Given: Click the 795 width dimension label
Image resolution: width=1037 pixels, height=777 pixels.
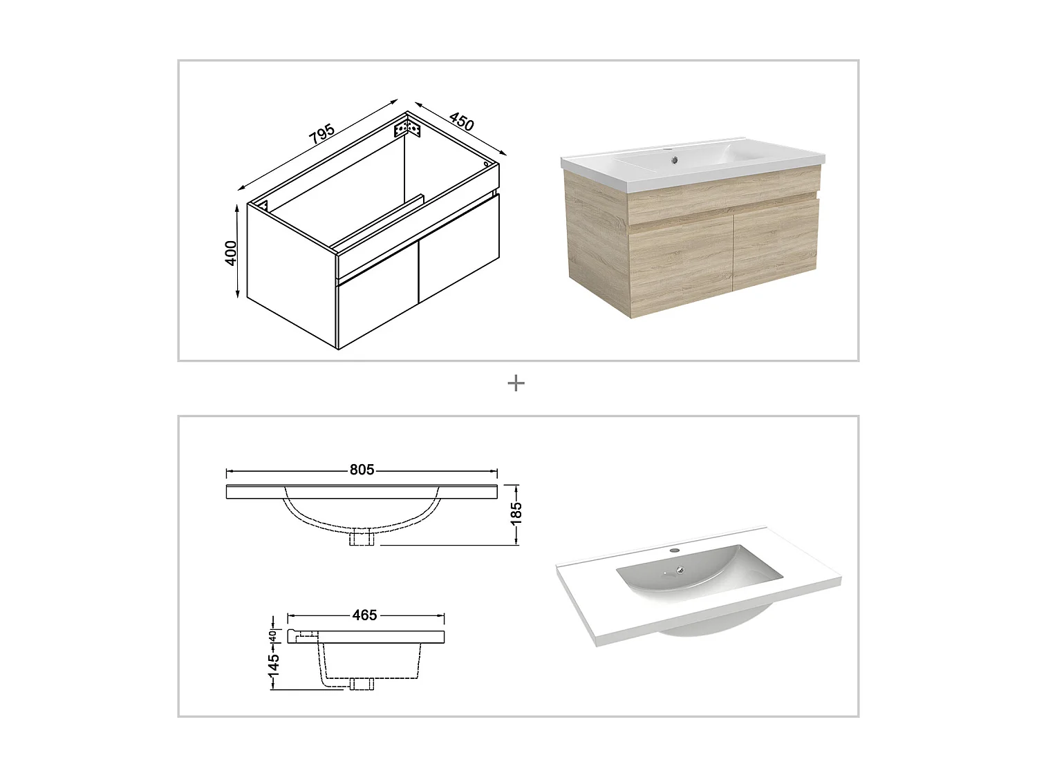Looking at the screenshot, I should (322, 134).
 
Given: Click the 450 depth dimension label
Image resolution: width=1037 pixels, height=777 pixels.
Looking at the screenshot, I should (462, 122).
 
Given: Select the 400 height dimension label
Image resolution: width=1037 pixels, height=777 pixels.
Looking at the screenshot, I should (232, 252).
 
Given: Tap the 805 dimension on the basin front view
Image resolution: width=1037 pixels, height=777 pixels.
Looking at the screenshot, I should (362, 470).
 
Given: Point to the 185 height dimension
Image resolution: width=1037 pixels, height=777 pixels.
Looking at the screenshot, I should (516, 513).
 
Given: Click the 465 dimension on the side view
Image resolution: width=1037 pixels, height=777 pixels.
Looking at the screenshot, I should (364, 615).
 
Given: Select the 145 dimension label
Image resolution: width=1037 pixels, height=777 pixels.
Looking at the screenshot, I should (274, 667).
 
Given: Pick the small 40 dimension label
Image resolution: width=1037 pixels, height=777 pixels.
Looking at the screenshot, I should (273, 635).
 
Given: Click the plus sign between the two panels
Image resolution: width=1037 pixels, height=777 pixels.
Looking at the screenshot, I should (516, 383).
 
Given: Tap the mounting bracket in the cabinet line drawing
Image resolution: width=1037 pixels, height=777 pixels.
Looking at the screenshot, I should (407, 128).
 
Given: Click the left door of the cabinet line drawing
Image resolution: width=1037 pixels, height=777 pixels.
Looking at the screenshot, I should (377, 311).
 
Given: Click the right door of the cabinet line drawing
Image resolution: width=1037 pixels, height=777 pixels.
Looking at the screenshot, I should (458, 252).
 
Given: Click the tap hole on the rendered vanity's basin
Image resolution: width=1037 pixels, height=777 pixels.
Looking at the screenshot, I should (673, 163).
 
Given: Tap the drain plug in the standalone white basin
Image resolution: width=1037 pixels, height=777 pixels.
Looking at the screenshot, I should (682, 570).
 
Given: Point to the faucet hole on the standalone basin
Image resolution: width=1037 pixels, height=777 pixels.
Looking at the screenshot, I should (676, 552).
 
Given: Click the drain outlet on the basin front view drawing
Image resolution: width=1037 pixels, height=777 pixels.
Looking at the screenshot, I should (363, 538).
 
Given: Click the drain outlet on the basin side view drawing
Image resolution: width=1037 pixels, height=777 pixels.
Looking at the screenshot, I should (362, 684).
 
